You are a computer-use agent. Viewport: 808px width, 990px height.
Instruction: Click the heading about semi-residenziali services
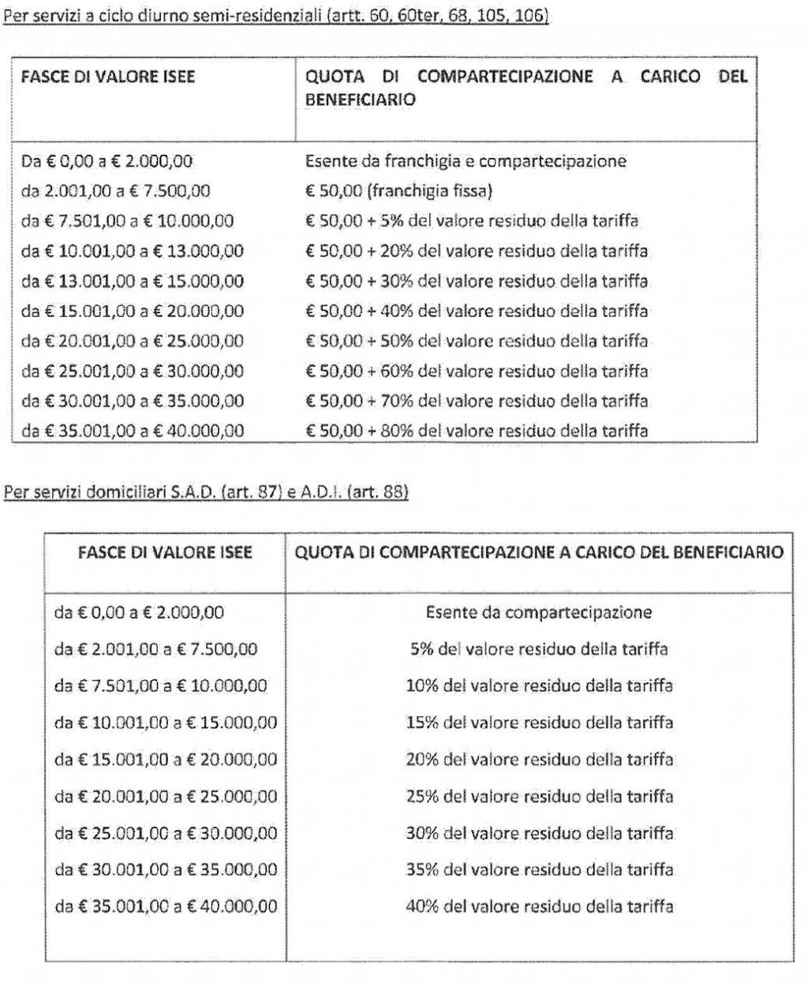pos(275,16)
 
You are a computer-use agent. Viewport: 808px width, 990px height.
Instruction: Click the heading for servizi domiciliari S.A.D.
pos(206,494)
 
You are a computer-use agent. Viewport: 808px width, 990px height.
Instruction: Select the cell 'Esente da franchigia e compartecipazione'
pos(466,162)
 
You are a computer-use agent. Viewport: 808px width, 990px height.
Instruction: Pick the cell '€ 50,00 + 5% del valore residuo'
pos(471,222)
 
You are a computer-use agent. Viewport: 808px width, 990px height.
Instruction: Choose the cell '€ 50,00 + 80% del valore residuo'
pos(476,431)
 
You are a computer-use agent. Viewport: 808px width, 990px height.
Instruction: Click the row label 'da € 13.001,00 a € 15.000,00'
pos(133,282)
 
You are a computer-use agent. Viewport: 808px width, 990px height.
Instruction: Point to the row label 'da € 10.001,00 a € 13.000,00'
pos(133,252)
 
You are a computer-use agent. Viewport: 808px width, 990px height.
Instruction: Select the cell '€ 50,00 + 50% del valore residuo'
pos(476,341)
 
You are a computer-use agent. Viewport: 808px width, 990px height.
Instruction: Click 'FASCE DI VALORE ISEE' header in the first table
pos(108,77)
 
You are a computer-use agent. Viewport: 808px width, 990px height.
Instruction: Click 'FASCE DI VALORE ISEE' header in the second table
pos(166,552)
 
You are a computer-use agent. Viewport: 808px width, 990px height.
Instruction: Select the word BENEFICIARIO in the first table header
pos(361,101)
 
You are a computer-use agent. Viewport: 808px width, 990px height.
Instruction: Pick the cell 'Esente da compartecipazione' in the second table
pos(538,612)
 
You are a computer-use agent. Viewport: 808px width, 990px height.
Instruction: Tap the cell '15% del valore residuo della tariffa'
pos(539,723)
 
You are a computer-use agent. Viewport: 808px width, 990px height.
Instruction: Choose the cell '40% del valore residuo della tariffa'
pos(539,906)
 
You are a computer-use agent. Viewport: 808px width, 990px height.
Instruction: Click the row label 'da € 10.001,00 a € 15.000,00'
pos(166,723)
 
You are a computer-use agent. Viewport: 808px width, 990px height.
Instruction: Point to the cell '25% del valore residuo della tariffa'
pos(539,796)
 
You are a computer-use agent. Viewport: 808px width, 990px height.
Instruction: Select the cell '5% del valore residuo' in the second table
pos(539,649)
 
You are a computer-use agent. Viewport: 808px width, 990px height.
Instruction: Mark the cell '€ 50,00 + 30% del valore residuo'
pos(476,282)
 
